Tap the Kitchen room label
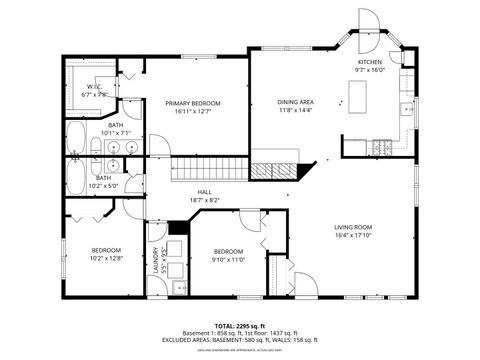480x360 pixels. click(x=370, y=62)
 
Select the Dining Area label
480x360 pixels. click(x=295, y=103)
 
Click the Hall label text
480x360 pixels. click(x=204, y=191)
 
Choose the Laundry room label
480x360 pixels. click(x=157, y=263)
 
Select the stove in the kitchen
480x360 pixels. click(x=381, y=147)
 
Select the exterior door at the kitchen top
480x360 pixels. click(x=369, y=22)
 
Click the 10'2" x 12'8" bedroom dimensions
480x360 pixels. click(x=106, y=258)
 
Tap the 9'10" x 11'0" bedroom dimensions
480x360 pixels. click(x=228, y=259)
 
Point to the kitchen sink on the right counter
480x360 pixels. click(x=406, y=107)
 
